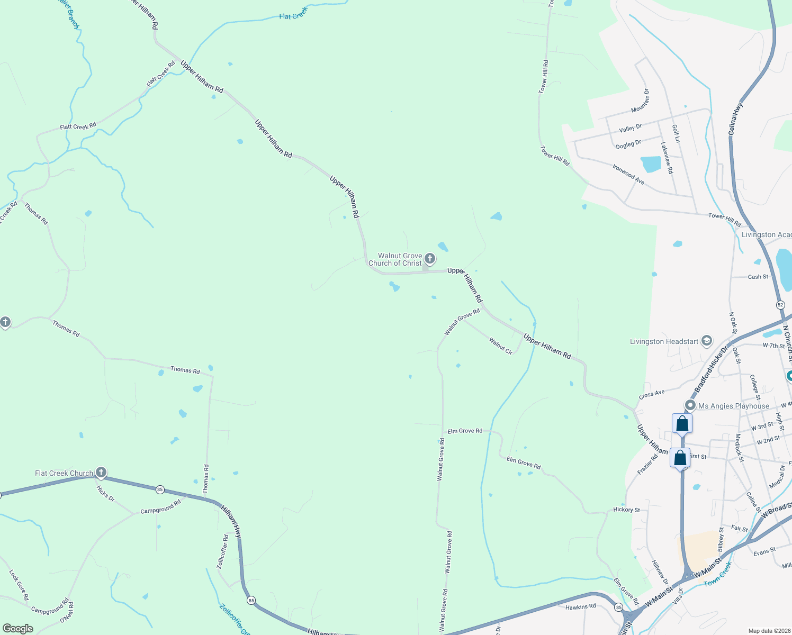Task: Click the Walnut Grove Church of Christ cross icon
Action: point(430,259)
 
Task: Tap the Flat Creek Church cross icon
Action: point(101,472)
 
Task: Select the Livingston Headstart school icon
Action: point(706,341)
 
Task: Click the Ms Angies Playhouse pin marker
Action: point(690,405)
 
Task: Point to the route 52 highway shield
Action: point(780,305)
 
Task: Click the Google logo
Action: point(18,629)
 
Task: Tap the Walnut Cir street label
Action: point(500,346)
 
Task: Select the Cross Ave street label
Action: point(652,394)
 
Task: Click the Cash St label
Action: point(758,277)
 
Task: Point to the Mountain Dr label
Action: point(640,101)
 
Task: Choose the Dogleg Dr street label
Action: point(628,144)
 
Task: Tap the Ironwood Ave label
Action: point(628,174)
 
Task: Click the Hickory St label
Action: point(626,510)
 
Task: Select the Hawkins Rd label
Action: point(580,606)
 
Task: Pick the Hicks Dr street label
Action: point(105,493)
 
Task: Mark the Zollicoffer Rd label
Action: point(223,551)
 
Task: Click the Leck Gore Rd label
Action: point(19,585)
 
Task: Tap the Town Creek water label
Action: point(718,574)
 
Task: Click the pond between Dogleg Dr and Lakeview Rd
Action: point(651,164)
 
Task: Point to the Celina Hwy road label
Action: point(736,119)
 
